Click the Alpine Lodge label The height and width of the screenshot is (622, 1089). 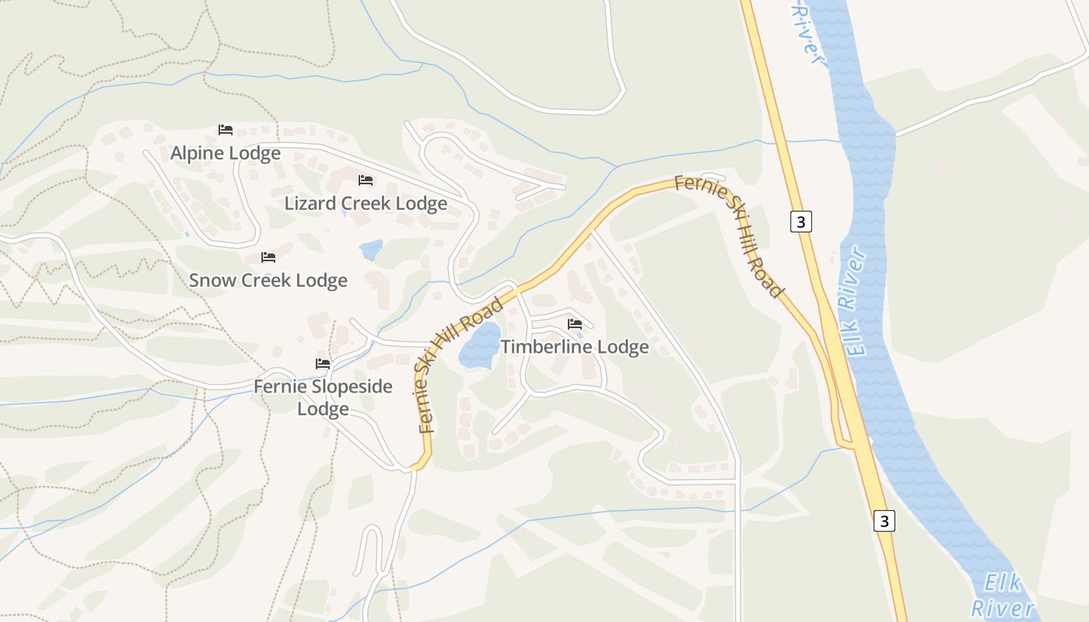coord(226,153)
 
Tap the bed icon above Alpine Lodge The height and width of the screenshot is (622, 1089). coord(226,130)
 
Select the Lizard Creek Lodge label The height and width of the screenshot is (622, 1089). coord(366,204)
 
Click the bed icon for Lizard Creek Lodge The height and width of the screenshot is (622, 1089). coord(366,180)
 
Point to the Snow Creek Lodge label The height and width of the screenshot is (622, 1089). coord(268,280)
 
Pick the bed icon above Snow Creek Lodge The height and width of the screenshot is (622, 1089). coord(268,257)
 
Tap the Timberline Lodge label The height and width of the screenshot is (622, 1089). coord(575,347)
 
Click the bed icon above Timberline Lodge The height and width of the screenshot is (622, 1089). coord(575,323)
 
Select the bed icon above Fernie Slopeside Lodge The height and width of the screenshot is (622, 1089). coord(323,363)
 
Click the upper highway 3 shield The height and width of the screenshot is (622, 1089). coord(801,222)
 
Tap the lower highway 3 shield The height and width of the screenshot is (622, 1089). coord(884,520)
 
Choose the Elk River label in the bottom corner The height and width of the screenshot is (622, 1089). coord(1005,596)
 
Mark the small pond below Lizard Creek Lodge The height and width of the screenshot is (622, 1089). coord(371,250)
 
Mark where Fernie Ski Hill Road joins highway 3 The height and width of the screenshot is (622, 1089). coord(853,446)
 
